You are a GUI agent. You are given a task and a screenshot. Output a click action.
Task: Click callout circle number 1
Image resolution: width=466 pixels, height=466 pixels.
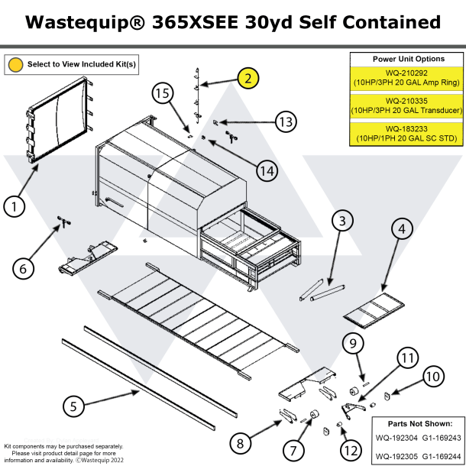click(13, 205)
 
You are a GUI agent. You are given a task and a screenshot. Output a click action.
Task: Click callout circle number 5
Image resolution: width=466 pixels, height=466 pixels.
click(73, 406)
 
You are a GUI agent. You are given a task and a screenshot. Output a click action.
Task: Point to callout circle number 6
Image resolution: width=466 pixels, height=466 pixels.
click(23, 268)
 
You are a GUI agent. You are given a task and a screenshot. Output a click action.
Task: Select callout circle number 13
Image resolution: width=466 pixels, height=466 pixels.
click(286, 121)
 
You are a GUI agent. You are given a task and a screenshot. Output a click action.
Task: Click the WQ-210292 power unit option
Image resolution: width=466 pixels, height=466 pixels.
click(407, 76)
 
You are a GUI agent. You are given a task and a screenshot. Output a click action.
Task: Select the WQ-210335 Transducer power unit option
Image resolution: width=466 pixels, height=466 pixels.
click(407, 105)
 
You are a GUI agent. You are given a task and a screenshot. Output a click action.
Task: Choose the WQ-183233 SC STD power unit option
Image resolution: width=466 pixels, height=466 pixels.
click(407, 134)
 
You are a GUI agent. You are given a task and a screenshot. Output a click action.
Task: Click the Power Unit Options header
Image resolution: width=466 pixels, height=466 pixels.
click(407, 59)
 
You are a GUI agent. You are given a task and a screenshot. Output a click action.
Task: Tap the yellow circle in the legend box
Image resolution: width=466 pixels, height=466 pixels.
click(15, 64)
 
